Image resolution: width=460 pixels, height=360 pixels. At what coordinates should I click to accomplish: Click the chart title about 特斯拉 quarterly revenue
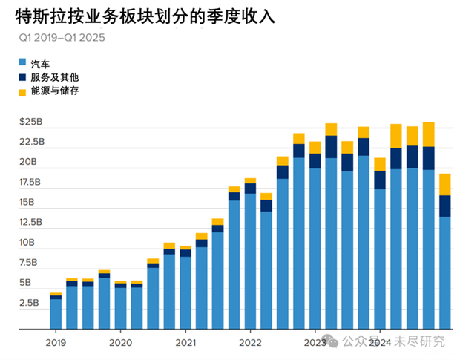[141, 16]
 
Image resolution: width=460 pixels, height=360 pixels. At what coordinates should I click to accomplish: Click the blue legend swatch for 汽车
[22, 64]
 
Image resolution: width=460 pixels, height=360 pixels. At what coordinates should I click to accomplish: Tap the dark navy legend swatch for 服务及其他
[22, 77]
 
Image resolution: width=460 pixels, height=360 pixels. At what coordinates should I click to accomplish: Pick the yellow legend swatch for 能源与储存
[22, 91]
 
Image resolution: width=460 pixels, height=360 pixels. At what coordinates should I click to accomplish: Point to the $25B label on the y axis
[31, 120]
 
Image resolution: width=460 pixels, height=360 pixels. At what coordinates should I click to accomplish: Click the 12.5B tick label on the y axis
[30, 222]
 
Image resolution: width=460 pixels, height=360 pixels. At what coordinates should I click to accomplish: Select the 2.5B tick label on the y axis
[30, 303]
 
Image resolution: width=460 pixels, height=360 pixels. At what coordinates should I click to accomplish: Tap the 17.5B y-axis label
[30, 182]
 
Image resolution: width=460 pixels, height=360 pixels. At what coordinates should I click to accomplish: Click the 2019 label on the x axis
[55, 342]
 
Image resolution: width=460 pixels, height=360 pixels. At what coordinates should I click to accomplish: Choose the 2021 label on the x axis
[185, 342]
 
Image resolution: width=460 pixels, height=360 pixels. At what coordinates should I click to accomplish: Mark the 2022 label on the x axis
[251, 342]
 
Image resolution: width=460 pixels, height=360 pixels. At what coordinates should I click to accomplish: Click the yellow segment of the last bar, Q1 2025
[444, 184]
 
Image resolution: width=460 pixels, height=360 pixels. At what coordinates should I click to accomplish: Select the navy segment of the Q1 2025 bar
[444, 206]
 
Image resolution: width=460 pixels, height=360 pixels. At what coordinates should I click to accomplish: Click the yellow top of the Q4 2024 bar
[428, 134]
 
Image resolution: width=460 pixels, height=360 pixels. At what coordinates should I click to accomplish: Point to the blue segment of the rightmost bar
[444, 272]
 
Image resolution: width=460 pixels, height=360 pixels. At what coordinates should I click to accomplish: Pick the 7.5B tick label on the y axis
[30, 262]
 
